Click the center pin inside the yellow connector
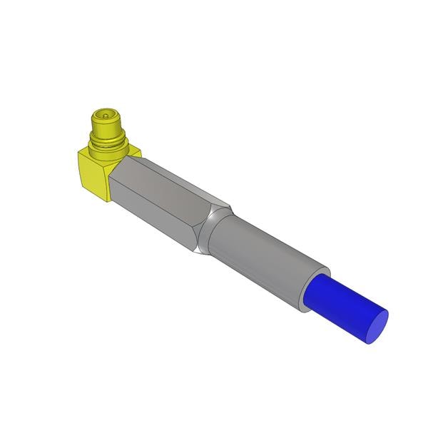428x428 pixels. [x=106, y=113]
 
